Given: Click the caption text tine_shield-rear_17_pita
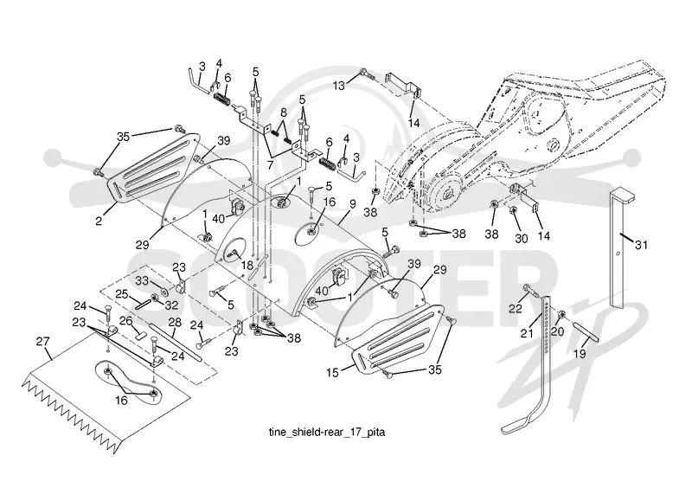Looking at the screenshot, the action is click(327, 432).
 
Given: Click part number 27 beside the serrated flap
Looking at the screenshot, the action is click(43, 342).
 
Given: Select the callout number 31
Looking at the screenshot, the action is click(641, 244).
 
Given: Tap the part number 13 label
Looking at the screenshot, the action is click(338, 86).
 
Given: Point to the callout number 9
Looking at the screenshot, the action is click(352, 204).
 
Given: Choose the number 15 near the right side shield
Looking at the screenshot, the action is click(332, 373).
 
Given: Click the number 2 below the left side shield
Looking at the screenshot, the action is click(99, 220).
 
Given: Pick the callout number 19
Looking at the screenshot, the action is click(580, 353).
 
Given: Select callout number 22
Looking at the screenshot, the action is click(515, 308).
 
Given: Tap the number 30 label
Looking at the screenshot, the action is click(522, 239).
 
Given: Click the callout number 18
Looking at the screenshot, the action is click(247, 265).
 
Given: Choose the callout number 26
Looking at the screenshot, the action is click(126, 321).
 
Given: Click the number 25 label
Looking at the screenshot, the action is click(122, 293).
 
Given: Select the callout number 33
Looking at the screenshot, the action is click(142, 281).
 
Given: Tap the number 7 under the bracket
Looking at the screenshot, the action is click(270, 164).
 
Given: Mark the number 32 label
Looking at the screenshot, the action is click(171, 305).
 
